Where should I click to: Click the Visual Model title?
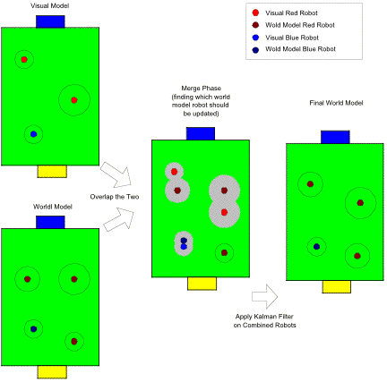[50, 5]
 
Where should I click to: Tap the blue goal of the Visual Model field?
[50, 21]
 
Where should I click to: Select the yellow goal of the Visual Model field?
[52, 172]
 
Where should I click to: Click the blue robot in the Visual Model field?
[33, 134]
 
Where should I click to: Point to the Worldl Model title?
[53, 207]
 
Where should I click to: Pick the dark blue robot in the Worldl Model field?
[33, 329]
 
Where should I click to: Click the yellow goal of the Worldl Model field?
[52, 372]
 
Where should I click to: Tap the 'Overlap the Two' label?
[115, 197]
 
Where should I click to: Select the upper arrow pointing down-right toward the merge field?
[116, 175]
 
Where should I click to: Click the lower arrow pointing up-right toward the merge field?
[119, 220]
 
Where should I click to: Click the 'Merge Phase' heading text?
[201, 89]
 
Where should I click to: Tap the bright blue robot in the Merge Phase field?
[184, 247]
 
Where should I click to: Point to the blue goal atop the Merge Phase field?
[201, 133]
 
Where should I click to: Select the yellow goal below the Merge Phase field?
[202, 284]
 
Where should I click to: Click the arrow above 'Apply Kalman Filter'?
[265, 296]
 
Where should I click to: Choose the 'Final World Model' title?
[336, 103]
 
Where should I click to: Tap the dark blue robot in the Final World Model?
[316, 247]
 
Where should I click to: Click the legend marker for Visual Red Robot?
[255, 13]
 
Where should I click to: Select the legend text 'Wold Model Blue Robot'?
[300, 49]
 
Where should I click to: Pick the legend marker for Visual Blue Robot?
[255, 38]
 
